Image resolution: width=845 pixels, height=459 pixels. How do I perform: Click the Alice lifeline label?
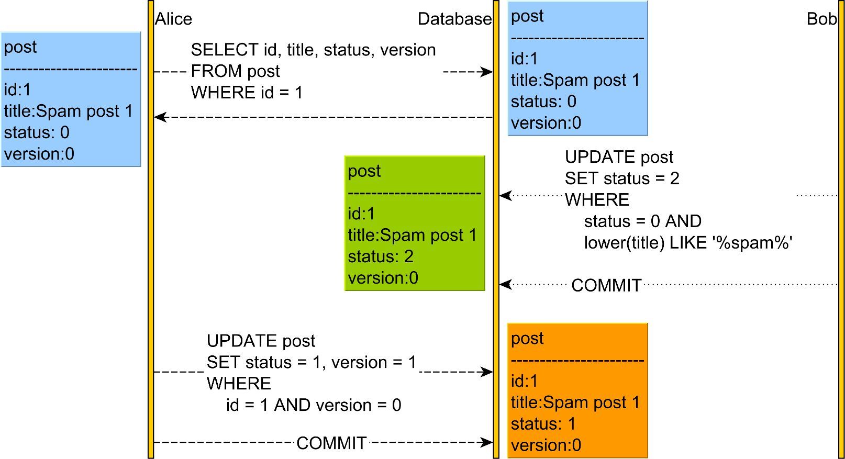point(173,19)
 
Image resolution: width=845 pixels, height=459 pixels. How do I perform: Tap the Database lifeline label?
point(454,19)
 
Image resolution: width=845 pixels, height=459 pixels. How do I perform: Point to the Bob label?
point(821,19)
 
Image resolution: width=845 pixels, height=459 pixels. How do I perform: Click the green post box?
point(415,223)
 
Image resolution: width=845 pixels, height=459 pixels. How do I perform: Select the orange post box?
point(577,391)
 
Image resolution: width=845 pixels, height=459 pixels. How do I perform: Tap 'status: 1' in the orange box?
point(543,424)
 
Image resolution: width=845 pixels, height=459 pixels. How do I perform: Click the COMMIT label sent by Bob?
point(606,285)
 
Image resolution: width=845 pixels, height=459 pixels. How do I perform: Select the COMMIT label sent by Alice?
point(331,443)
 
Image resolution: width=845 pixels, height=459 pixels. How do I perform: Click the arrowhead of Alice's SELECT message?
point(487,72)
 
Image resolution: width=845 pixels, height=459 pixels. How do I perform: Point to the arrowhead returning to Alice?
point(160,117)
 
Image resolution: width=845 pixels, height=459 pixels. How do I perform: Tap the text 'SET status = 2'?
point(622,178)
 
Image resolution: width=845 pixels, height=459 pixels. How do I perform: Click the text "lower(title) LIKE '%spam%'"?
point(688,242)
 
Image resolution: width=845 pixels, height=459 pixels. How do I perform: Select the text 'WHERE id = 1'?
point(247,93)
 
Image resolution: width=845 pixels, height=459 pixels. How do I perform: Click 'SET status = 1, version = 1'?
point(311,363)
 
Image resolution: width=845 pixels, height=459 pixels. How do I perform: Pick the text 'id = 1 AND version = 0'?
point(314,405)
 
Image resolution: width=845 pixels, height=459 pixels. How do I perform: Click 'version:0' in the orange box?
point(546,445)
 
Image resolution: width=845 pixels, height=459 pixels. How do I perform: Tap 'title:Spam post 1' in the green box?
point(413,236)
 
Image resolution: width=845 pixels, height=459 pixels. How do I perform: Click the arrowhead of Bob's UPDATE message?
point(506,196)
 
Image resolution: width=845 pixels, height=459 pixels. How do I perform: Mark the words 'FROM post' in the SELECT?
point(236,71)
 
